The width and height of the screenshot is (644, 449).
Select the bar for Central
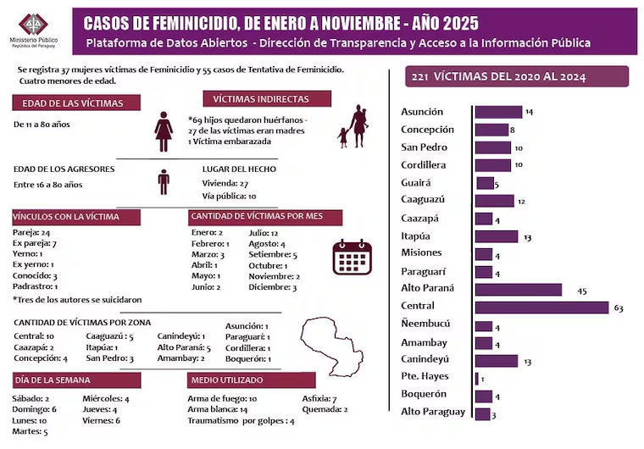[541, 307]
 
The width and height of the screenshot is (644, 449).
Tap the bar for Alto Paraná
[518, 290]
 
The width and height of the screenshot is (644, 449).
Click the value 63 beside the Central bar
[618, 308]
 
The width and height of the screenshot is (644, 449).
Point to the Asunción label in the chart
[421, 112]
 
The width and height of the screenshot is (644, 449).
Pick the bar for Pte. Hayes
[477, 378]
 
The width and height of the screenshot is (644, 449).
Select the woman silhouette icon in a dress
[164, 131]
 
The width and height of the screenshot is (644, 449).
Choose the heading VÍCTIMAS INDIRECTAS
[260, 99]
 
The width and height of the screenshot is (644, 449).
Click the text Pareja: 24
[32, 232]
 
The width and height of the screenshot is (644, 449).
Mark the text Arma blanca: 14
[219, 409]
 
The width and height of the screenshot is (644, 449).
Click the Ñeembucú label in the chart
[425, 324]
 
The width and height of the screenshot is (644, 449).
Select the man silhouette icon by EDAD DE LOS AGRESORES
[164, 181]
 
